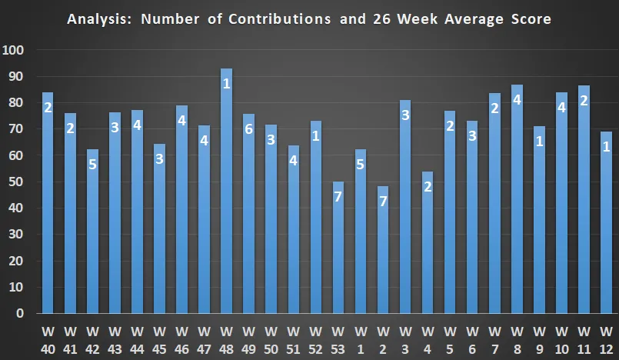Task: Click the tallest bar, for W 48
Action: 227,192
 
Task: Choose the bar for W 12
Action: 606,223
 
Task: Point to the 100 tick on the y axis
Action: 14,51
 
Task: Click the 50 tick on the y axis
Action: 17,182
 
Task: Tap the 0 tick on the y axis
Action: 21,314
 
